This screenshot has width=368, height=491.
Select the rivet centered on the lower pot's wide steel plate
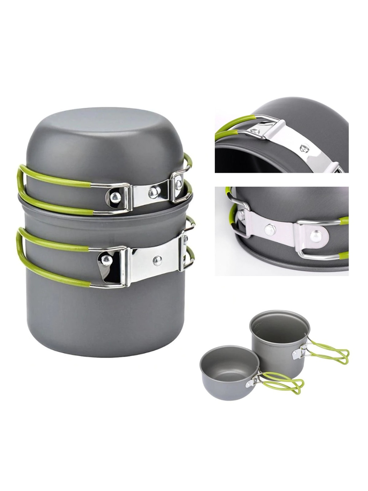click(x=158, y=259)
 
